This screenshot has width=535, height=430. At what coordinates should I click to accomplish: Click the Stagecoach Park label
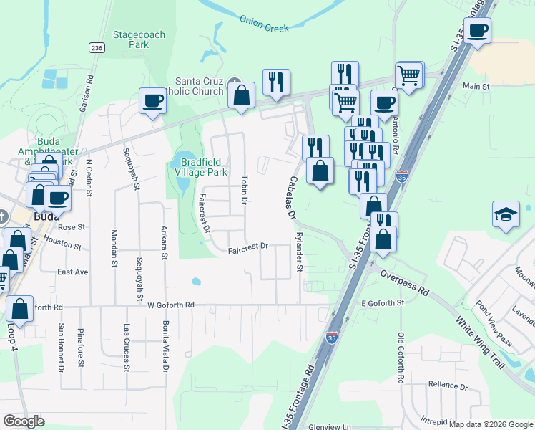click(129, 39)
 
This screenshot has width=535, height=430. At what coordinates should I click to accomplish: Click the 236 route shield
click(97, 47)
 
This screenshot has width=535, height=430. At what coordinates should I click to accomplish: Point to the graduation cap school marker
click(506, 214)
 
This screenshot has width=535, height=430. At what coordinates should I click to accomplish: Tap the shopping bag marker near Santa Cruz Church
click(242, 95)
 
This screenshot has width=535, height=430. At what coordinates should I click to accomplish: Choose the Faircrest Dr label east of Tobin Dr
click(247, 247)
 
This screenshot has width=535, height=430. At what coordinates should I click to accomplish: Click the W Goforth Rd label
click(171, 305)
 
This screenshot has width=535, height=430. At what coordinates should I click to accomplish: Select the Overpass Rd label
click(404, 282)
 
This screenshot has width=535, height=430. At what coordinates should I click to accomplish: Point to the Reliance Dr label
click(448, 386)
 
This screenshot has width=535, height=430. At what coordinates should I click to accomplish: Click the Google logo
click(23, 421)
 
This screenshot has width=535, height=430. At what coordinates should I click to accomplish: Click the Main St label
click(475, 86)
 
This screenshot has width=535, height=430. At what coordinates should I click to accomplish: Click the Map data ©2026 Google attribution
click(491, 424)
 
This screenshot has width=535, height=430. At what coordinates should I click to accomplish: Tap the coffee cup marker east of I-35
click(477, 32)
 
